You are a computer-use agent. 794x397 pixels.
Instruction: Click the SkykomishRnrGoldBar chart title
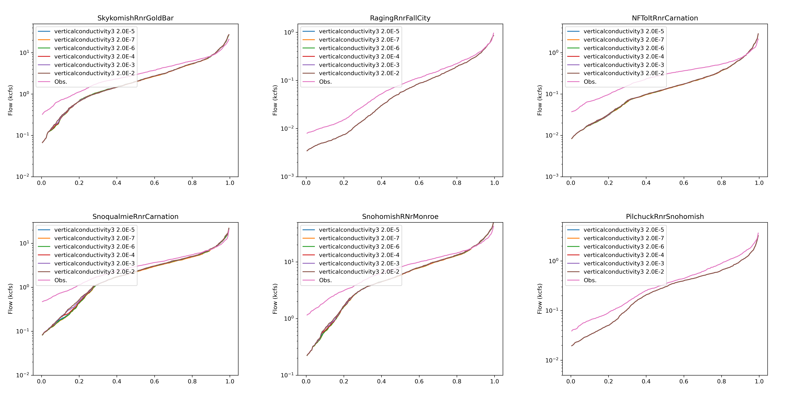pos(135,18)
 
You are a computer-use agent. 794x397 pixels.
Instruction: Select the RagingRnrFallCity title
pos(400,18)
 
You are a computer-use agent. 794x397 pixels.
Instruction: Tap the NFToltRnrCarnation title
pos(665,18)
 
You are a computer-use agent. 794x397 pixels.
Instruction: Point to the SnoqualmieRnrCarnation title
pos(135,217)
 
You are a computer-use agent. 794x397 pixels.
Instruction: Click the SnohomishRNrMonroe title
pos(400,217)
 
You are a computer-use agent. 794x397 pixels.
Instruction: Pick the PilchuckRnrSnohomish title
pos(665,217)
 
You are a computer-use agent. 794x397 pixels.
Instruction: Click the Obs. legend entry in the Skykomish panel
pos(60,82)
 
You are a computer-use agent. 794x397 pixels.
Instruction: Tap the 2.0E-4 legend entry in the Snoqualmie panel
pos(94,255)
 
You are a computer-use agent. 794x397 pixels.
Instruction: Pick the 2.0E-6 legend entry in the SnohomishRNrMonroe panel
pos(359,247)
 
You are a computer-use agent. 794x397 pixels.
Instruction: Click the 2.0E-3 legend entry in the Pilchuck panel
pos(623,263)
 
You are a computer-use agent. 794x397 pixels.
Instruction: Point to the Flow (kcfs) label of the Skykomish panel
pos(10,100)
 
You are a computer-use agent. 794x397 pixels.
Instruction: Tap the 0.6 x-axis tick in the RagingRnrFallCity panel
pos(419,183)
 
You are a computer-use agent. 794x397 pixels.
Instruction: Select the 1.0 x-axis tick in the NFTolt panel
pos(759,183)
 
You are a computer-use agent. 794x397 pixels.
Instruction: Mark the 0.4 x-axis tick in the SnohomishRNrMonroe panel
pos(381,381)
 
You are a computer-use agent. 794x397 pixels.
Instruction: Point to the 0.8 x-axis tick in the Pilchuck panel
pos(721,381)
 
